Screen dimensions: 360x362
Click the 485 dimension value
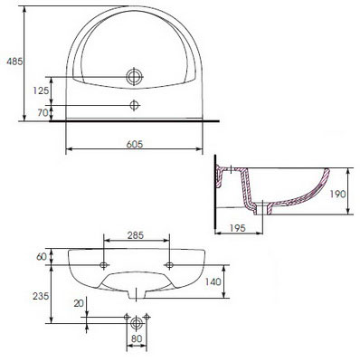click(x=14, y=62)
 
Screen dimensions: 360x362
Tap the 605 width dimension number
click(x=135, y=144)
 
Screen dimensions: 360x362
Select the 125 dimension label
click(x=41, y=90)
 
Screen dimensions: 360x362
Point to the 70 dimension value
click(x=43, y=112)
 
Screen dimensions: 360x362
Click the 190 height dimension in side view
click(x=337, y=194)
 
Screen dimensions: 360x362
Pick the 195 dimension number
click(x=238, y=228)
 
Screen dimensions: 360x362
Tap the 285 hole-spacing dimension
click(x=135, y=235)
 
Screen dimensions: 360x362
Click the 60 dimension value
click(x=42, y=257)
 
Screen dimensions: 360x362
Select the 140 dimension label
click(x=213, y=281)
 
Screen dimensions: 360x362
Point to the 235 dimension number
click(x=41, y=296)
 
